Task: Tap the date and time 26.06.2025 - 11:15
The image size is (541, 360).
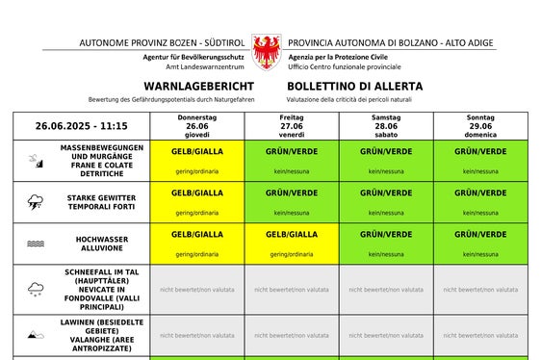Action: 82,126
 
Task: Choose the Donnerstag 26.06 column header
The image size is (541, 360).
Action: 196,126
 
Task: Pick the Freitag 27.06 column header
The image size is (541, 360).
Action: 292,126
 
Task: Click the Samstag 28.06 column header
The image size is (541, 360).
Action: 386,126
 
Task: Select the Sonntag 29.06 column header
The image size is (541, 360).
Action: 480,126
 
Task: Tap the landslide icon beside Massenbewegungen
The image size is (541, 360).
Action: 35,160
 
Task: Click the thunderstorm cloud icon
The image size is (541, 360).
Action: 35,202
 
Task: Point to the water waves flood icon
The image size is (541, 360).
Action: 35,244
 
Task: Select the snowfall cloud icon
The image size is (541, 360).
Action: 35,288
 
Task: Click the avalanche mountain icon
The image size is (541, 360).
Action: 35,335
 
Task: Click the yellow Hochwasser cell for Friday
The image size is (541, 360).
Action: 292,244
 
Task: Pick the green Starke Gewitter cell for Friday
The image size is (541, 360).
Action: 292,202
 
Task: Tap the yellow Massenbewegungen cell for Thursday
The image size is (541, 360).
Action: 196,161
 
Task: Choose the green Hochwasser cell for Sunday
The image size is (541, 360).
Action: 480,244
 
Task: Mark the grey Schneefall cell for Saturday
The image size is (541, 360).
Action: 386,289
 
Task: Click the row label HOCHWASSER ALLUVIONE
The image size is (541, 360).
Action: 102,244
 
